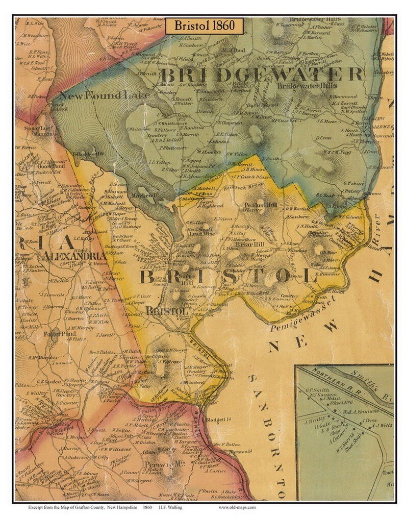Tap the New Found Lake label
pyautogui.click(x=105, y=95)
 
